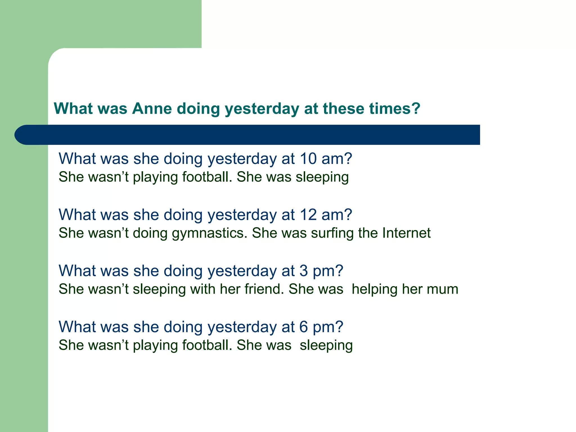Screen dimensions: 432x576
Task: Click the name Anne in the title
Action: tap(152, 109)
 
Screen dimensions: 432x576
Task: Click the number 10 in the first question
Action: tap(308, 159)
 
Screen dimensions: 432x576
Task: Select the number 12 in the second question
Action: tap(308, 215)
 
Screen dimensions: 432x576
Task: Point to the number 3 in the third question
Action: tap(304, 271)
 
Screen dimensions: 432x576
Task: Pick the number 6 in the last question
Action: tap(304, 327)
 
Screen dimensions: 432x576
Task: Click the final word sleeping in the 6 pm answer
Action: tap(326, 346)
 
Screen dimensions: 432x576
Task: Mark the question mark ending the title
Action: tap(415, 109)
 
